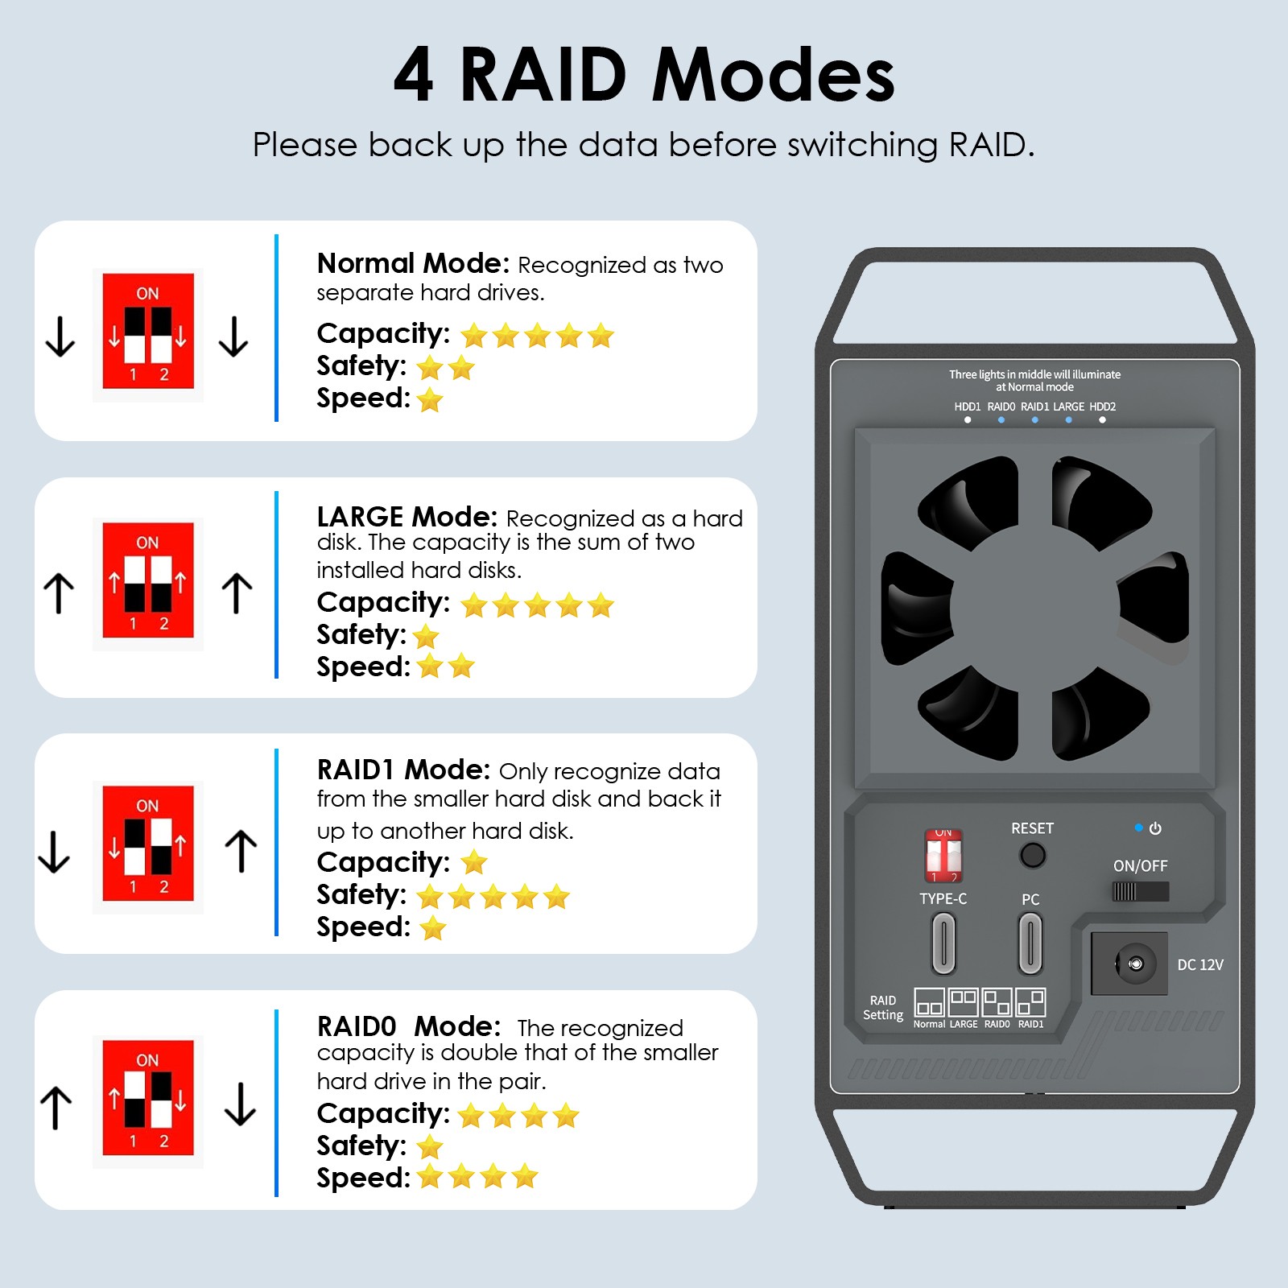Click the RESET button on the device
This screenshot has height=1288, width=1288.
tap(1032, 855)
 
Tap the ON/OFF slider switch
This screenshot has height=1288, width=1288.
tap(1140, 891)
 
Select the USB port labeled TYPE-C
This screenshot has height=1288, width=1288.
tap(943, 943)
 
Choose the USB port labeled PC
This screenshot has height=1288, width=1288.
tap(1030, 943)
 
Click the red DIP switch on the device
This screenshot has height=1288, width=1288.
tap(943, 856)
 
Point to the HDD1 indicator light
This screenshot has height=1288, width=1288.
tap(968, 419)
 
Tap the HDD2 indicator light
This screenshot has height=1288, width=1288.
tap(1102, 419)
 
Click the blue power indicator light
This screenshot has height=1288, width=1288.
tap(1138, 828)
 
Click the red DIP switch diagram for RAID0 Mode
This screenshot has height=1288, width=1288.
tap(148, 1098)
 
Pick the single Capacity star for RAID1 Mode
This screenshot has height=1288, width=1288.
tap(474, 862)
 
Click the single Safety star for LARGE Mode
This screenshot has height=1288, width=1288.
tap(426, 637)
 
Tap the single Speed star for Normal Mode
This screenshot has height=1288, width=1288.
tap(431, 399)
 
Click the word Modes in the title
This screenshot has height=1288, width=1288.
tap(774, 75)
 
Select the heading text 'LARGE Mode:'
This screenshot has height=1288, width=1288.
tap(407, 516)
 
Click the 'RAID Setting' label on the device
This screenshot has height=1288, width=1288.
tap(883, 1007)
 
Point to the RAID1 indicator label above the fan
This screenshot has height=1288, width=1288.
tap(1034, 407)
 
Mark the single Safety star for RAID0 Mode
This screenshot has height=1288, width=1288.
tap(431, 1146)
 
